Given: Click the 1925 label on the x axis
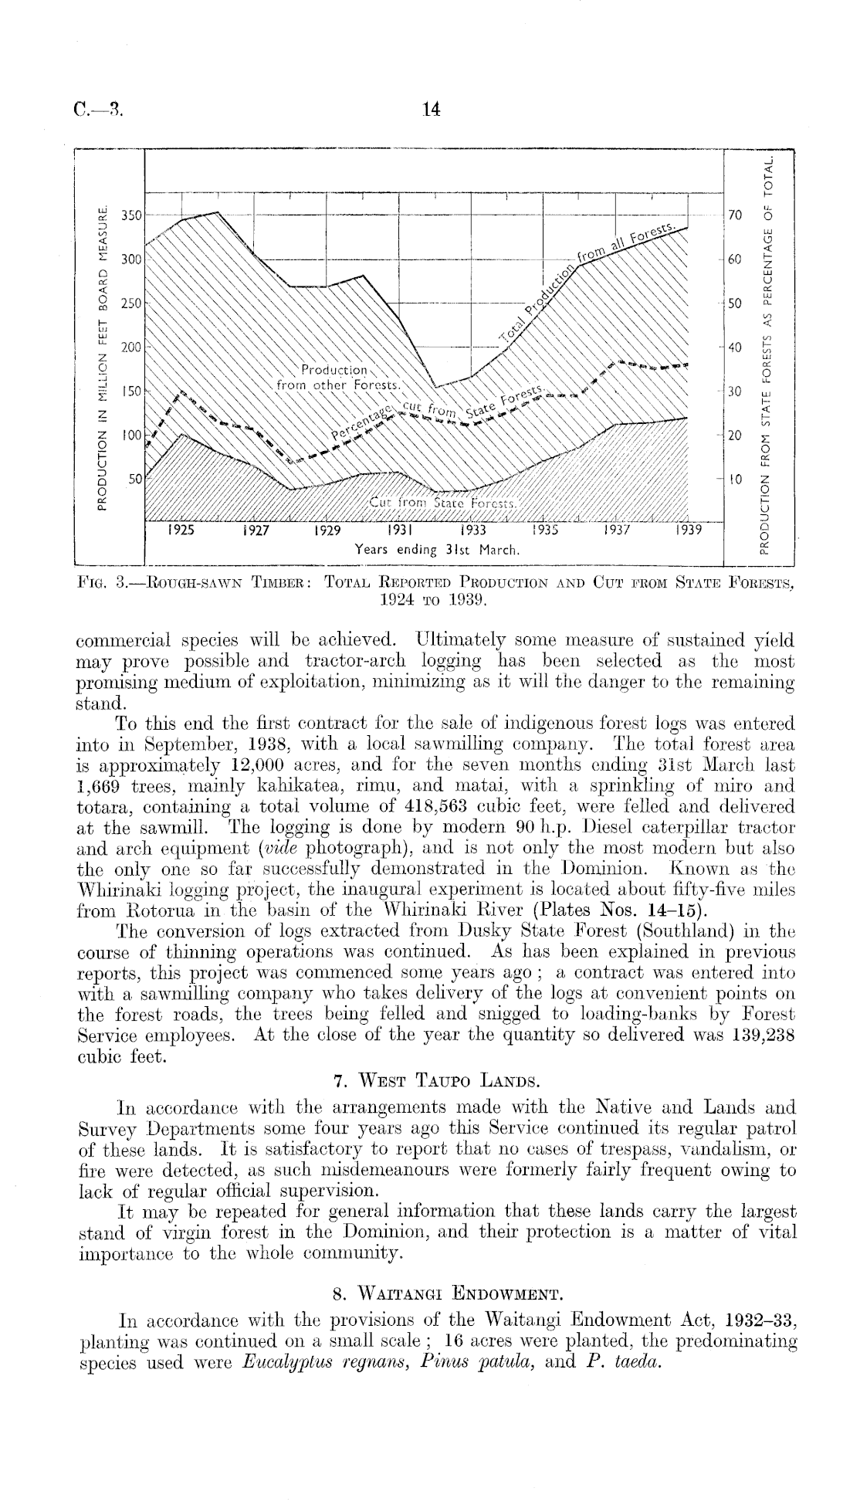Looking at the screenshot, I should tap(181, 531).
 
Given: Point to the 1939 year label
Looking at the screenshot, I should tap(688, 531).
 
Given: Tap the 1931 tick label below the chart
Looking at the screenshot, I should tap(398, 531).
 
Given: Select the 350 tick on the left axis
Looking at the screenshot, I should tap(133, 215).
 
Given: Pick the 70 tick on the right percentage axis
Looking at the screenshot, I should tap(735, 215).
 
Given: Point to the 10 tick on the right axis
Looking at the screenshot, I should tap(735, 480).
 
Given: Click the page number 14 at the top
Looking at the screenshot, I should tap(432, 110).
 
